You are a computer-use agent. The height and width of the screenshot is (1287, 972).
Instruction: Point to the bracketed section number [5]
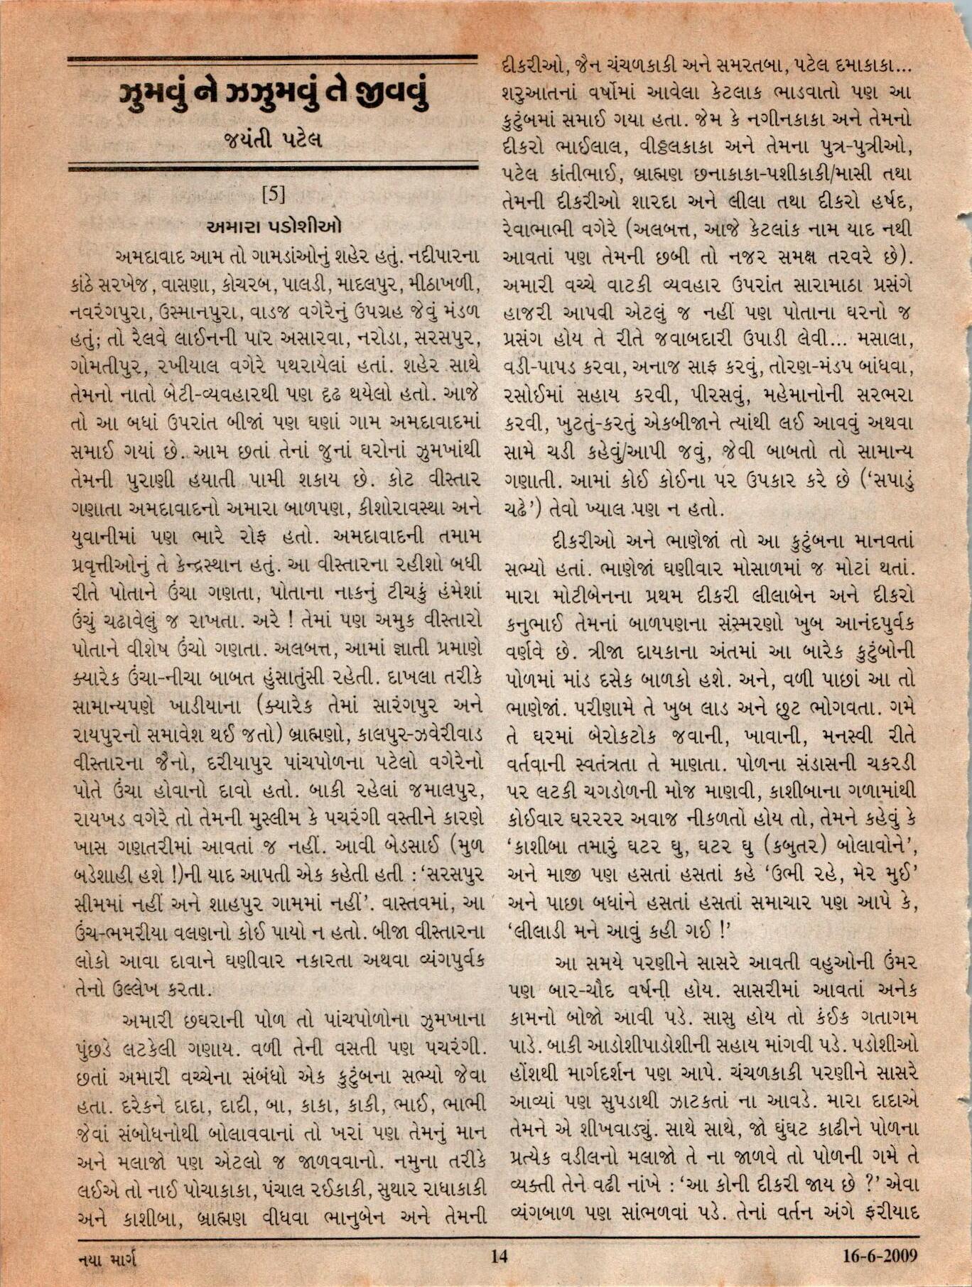pos(274,193)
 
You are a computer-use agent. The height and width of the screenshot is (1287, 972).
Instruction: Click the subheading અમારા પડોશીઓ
pos(274,227)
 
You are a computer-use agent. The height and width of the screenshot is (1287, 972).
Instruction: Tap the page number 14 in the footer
pos(499,1256)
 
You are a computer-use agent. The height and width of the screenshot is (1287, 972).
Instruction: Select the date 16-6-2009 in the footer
pos(880,1256)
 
